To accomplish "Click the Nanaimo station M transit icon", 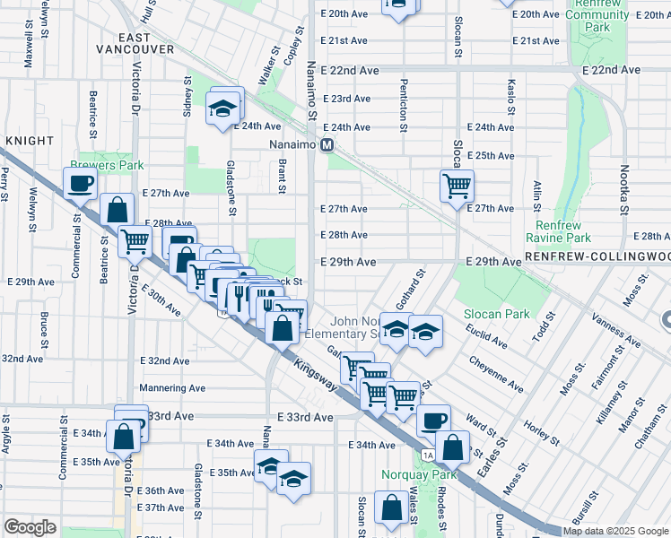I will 327,144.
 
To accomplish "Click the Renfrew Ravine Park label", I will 562,231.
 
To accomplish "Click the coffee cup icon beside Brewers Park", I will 80,183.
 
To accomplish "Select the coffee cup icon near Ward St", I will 435,420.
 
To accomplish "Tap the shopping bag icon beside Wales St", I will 392,508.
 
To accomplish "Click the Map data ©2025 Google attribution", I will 614,531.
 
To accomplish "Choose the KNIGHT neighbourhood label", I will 24,142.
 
